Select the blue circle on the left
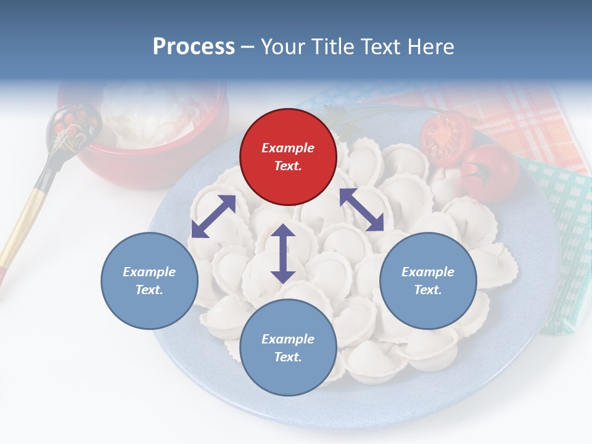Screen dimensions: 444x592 tap(149, 281)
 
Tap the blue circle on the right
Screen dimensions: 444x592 tap(428, 281)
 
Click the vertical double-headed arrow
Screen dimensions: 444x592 tap(283, 253)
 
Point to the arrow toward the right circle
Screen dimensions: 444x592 tap(361, 210)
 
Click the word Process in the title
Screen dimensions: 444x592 tap(194, 46)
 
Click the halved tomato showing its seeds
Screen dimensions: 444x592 tap(446, 138)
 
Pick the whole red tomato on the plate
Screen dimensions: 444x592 tap(490, 173)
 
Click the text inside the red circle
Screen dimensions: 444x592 tap(288, 157)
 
